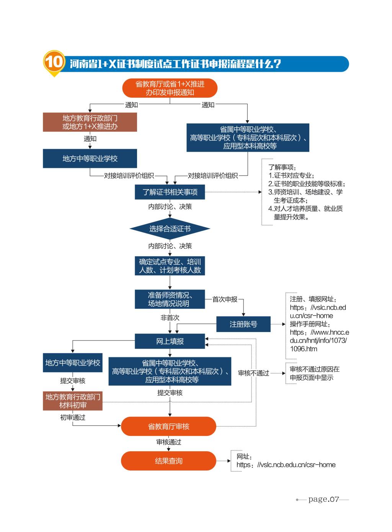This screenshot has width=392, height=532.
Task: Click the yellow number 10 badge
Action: [x=54, y=62]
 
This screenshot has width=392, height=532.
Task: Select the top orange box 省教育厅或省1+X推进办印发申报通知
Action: [x=170, y=88]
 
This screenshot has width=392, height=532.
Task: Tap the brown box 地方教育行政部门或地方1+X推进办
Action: [x=90, y=122]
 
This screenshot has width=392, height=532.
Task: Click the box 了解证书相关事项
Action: [x=170, y=192]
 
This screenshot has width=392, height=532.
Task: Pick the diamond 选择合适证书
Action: [x=170, y=229]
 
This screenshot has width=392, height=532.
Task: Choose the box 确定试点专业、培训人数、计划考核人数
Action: [x=170, y=266]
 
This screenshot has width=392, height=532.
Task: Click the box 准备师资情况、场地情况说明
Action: [x=170, y=299]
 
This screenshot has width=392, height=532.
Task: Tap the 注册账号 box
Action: [x=243, y=324]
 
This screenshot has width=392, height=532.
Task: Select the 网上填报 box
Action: [x=170, y=341]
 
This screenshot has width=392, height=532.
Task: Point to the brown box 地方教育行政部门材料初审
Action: [x=73, y=401]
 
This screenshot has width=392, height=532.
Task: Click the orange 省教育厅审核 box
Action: [x=168, y=426]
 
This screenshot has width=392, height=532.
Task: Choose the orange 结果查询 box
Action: [x=168, y=461]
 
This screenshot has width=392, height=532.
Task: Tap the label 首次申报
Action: [x=225, y=299]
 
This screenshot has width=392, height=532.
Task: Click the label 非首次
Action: [x=170, y=318]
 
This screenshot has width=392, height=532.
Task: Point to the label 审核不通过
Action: [x=253, y=373]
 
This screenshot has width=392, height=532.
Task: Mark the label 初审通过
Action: [x=73, y=417]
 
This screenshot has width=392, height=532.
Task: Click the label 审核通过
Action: [x=168, y=442]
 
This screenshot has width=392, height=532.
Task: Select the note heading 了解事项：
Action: [x=282, y=167]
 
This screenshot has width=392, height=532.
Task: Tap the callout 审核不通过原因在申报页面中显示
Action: [x=314, y=373]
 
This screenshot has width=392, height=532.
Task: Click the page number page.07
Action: [x=324, y=499]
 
